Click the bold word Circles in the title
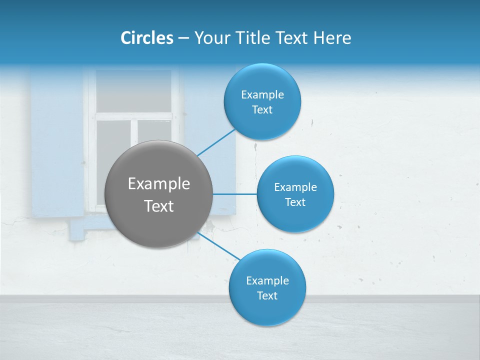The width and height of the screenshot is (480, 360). [146, 38]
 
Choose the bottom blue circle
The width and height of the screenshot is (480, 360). [267, 312]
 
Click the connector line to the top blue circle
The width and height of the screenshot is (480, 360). [216, 142]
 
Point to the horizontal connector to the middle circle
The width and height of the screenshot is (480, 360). [234, 194]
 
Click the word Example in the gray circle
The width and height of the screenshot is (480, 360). [158, 184]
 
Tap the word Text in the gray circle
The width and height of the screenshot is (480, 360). [158, 206]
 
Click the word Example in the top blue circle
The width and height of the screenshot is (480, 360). [262, 95]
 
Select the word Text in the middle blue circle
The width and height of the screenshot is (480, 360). [295, 202]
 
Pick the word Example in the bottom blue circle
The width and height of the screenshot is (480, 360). [267, 281]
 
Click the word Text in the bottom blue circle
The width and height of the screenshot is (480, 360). [267, 296]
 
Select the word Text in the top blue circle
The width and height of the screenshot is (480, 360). [262, 110]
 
